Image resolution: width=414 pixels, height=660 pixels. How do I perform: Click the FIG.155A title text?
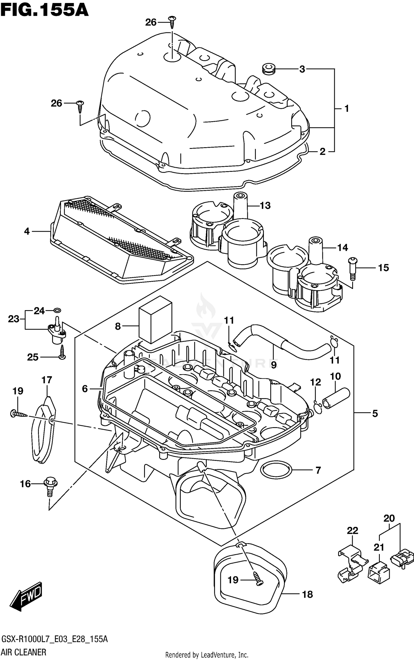tap(44, 10)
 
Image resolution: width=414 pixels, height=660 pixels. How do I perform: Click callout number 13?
tap(265, 205)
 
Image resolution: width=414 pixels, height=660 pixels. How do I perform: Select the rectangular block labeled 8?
tap(155, 320)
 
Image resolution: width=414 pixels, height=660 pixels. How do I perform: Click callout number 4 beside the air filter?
tap(26, 231)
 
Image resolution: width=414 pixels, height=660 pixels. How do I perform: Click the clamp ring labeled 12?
tap(318, 408)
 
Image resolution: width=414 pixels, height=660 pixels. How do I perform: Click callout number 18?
tap(307, 594)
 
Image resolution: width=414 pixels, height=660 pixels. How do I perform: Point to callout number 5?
tap(375, 413)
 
